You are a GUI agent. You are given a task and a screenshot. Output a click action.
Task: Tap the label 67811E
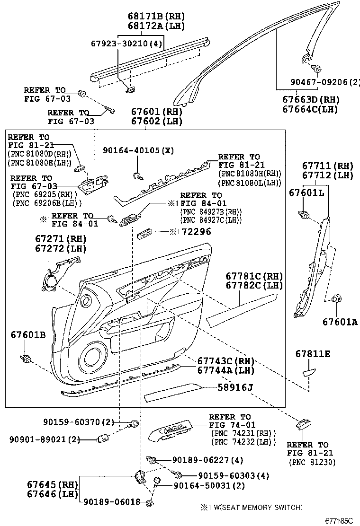pos(313,354)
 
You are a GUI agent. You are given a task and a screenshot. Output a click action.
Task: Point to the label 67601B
pos(28,335)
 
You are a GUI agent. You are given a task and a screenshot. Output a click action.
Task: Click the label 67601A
pos(340,322)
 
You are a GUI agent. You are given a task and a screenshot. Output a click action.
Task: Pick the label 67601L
pos(306,193)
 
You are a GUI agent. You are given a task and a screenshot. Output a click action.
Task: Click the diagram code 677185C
pos(339,521)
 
